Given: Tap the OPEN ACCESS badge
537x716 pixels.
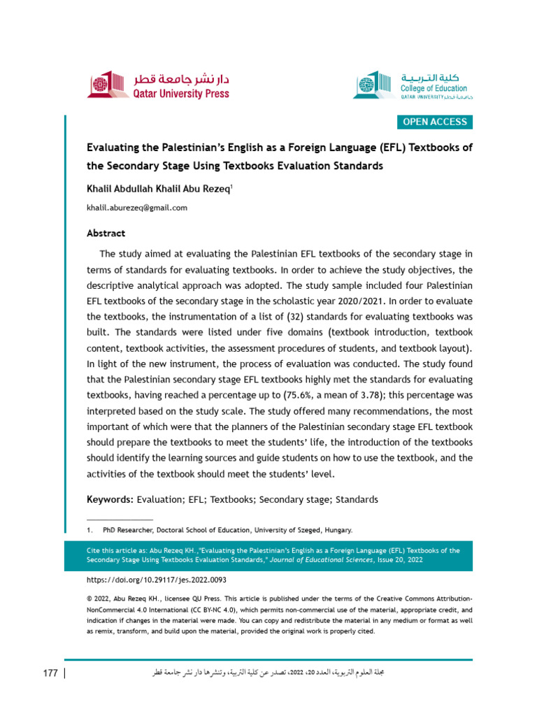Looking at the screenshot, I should (x=434, y=122).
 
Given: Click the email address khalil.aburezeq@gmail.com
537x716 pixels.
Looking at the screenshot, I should (x=136, y=208).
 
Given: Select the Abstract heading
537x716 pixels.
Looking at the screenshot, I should (x=106, y=234).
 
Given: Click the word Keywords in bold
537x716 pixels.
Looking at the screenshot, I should (x=109, y=500).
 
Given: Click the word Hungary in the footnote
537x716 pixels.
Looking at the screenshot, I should (x=337, y=530).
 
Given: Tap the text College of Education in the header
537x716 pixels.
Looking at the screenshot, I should (x=434, y=89).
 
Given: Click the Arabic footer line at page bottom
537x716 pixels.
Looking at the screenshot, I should (x=269, y=673).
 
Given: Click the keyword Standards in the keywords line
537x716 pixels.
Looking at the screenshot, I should (x=357, y=500).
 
